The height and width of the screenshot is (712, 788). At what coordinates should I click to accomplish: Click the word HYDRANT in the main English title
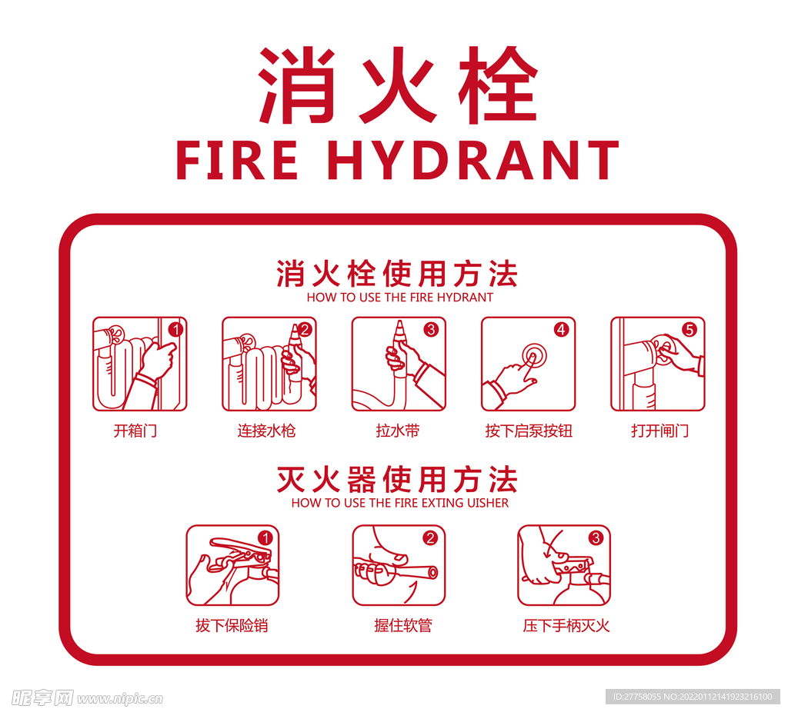(472, 160)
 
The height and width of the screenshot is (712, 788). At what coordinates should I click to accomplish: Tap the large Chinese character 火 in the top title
(398, 85)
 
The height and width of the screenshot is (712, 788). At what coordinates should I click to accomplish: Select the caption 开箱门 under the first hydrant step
(135, 431)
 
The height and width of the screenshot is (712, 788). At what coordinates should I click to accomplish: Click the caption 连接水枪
(266, 431)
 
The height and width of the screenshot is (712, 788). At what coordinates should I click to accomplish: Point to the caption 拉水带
(398, 431)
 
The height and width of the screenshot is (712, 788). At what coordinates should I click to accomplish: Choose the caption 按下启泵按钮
(529, 431)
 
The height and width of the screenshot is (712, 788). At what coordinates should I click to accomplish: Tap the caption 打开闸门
(659, 431)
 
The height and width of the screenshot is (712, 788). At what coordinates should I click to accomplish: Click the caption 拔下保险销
(232, 626)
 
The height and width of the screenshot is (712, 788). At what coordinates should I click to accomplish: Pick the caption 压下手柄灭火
(566, 626)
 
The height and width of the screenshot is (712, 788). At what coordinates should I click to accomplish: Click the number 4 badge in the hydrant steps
(561, 330)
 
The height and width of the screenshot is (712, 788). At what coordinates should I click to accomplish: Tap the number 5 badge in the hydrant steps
(689, 330)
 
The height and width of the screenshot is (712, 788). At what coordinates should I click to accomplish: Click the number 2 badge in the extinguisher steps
(430, 538)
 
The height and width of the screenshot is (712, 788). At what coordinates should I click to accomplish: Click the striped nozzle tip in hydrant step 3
(399, 332)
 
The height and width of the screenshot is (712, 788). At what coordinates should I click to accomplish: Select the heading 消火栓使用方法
(398, 273)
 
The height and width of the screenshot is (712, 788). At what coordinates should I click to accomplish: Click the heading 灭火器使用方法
(398, 479)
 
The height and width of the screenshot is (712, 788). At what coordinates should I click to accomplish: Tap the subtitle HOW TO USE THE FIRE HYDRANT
(399, 297)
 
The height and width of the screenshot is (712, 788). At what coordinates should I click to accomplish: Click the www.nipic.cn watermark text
(119, 699)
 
